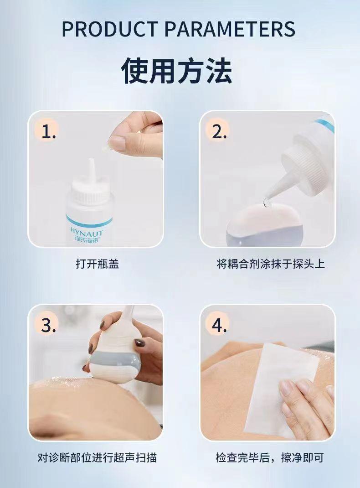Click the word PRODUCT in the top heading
[x=110, y=29]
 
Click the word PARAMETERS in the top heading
[x=230, y=29]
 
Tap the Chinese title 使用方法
[x=176, y=70]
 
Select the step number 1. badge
[x=49, y=132]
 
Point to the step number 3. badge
[x=49, y=326]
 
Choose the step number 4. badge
[x=219, y=326]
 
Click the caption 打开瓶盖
[x=98, y=264]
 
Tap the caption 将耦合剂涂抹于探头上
[x=271, y=264]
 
